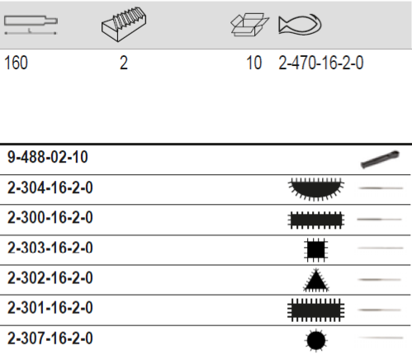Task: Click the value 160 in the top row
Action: pos(17,63)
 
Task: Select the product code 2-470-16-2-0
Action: pos(321,63)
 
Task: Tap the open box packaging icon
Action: pos(250,25)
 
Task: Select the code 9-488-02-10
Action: pos(49,157)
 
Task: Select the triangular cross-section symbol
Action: pos(315,279)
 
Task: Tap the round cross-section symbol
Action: pos(315,339)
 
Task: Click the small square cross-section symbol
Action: pos(315,248)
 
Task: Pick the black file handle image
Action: pos(380,158)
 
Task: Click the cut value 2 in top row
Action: pos(124,63)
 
